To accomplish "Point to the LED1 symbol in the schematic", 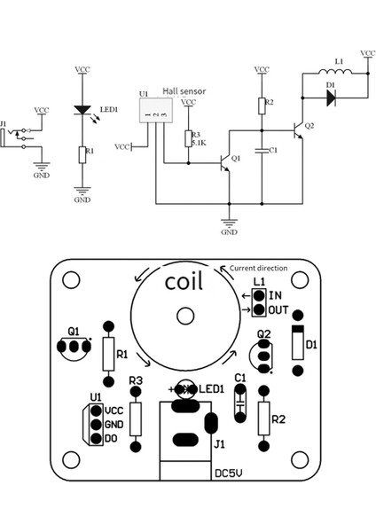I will tap(82, 111).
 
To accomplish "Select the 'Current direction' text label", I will tap(260, 268).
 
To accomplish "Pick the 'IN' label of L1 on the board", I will tap(277, 296).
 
